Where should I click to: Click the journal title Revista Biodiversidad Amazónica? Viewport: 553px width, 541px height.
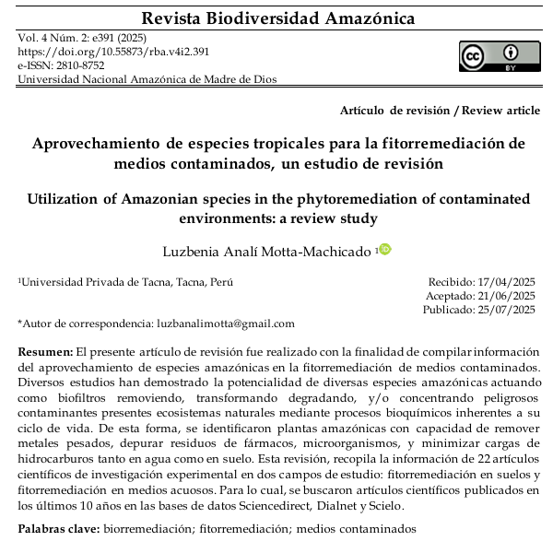pos(276,18)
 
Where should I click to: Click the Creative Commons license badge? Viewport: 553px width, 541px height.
pos(500,55)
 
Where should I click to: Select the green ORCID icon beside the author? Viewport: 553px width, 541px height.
pos(385,249)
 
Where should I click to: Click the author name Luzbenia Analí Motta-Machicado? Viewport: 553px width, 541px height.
pos(268,251)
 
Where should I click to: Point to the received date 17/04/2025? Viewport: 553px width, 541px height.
pos(505,282)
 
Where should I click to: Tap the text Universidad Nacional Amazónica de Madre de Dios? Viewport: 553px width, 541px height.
pos(147,80)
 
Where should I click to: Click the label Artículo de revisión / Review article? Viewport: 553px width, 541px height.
pos(440,111)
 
